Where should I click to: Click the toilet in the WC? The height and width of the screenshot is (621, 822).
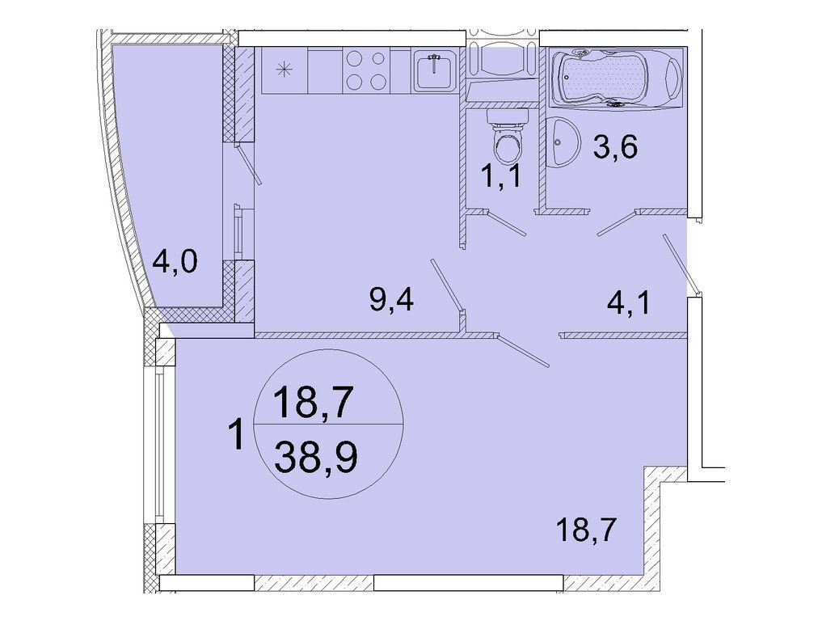click(507, 137)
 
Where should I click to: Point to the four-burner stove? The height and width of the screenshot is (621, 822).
click(366, 71)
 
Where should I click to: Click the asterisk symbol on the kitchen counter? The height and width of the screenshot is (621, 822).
click(284, 70)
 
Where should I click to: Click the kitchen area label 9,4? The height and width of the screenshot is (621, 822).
click(391, 301)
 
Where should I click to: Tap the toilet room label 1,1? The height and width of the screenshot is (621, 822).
click(502, 176)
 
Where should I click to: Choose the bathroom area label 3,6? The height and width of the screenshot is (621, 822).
click(615, 147)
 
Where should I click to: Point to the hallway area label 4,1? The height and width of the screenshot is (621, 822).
click(629, 304)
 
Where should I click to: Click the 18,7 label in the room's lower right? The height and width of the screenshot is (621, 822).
click(585, 532)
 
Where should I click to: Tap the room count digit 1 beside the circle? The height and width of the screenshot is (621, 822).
click(238, 434)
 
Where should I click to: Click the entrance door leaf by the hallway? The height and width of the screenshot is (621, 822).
click(681, 264)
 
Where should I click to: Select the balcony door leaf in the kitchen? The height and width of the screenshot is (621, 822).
click(249, 164)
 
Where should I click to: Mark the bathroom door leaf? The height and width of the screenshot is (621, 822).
click(616, 224)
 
